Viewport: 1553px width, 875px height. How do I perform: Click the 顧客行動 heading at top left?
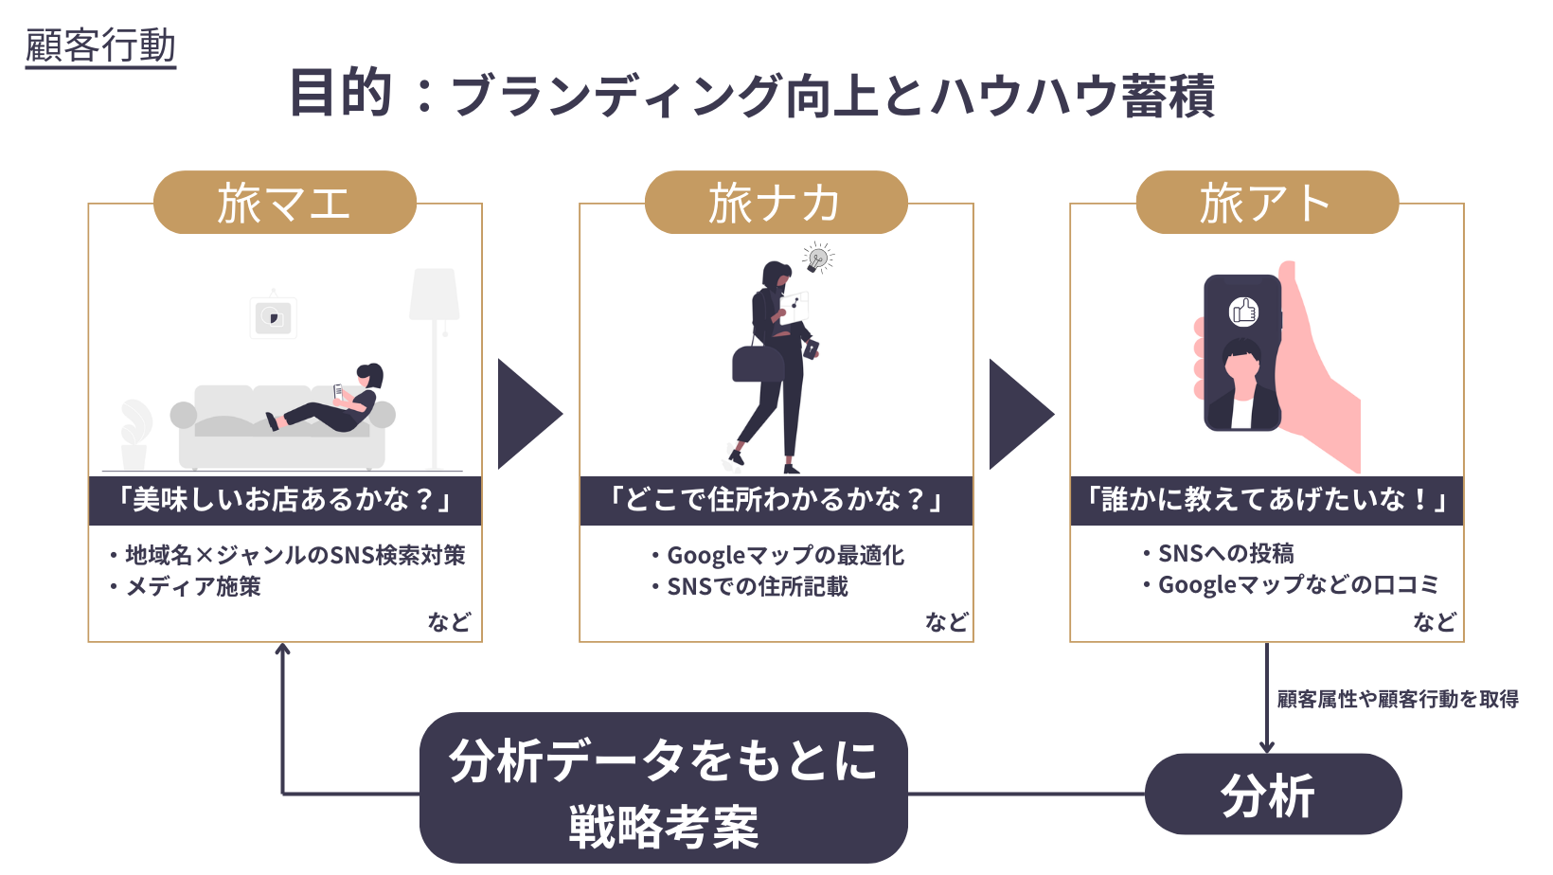pos(100,45)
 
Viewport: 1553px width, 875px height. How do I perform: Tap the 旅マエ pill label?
pos(284,203)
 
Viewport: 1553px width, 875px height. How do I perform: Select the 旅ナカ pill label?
pos(776,203)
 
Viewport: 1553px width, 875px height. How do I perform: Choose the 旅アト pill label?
pos(1267,203)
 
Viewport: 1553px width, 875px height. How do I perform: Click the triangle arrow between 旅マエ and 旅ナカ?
pos(527,414)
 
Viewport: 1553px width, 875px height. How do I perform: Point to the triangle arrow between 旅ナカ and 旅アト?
pos(1019,414)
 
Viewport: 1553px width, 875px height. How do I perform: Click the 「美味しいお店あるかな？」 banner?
pos(285,500)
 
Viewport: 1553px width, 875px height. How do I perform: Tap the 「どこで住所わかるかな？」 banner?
pos(776,500)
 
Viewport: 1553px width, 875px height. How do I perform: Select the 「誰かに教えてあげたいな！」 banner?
pos(1267,500)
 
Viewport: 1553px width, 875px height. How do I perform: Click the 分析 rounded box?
pos(1272,795)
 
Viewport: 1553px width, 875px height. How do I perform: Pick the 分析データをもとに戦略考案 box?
pos(663,789)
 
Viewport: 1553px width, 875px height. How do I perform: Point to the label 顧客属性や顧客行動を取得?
pos(1398,699)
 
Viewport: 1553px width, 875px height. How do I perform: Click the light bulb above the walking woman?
pos(817,258)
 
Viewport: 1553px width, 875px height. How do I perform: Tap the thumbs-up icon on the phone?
pos(1242,311)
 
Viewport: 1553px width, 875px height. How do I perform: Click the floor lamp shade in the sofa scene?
pos(435,294)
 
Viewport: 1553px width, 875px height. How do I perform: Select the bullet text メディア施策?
pos(193,587)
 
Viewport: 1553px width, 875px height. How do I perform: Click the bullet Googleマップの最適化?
pos(785,555)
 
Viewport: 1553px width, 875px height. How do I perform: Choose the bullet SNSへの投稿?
pos(1225,553)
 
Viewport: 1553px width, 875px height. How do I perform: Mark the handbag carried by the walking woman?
pos(758,363)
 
